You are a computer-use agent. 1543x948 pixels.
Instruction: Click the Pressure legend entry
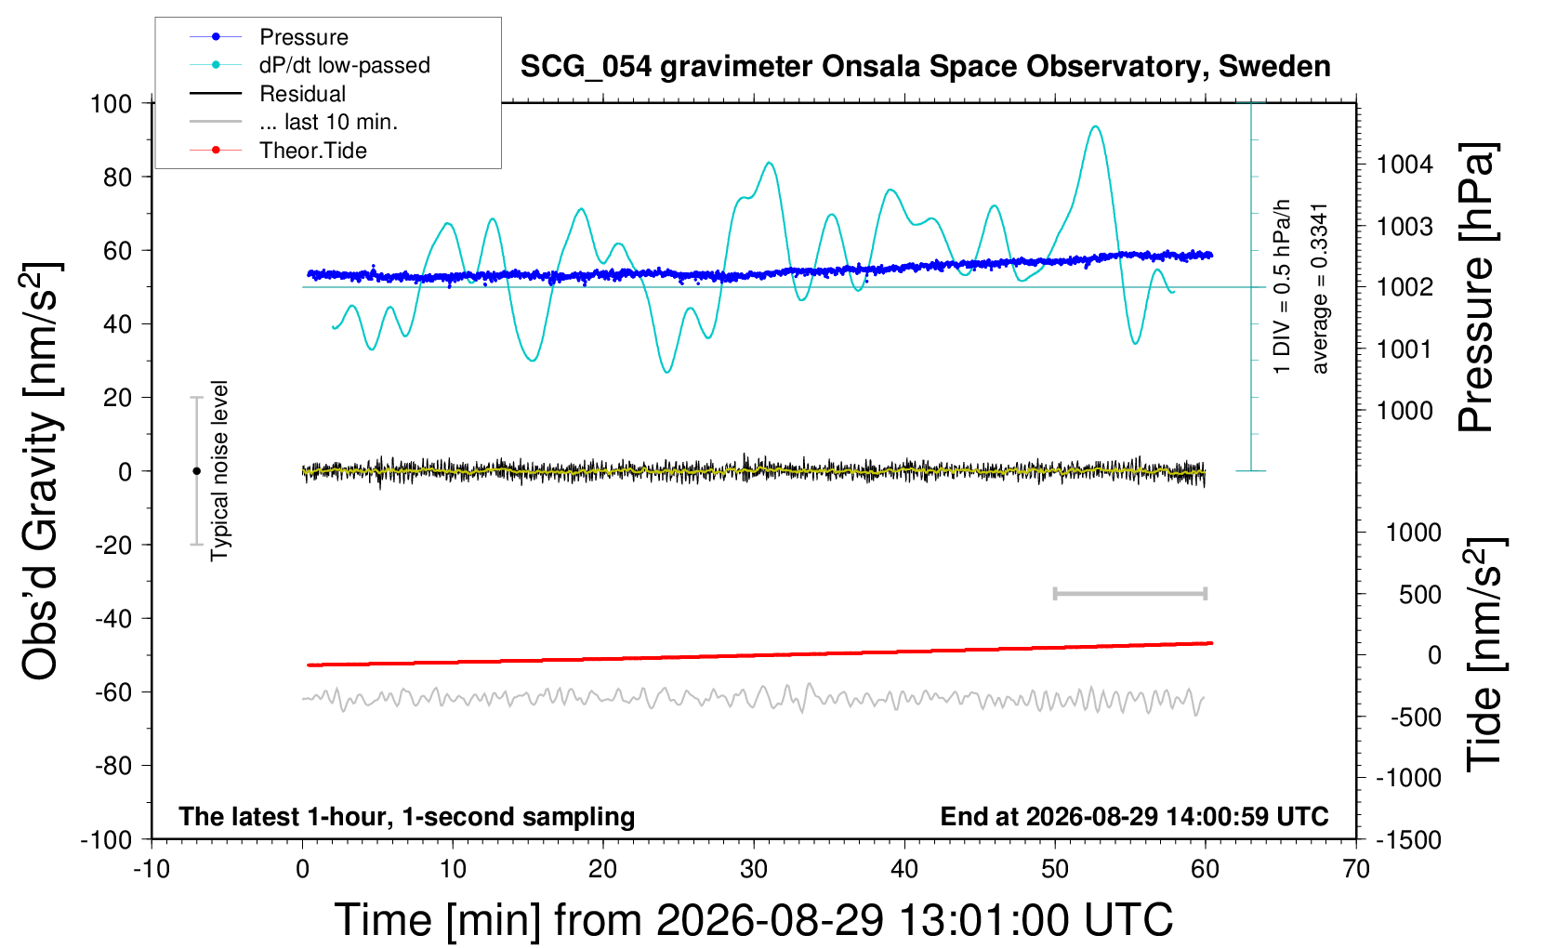304,36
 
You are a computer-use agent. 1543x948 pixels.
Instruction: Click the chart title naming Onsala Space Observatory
925,67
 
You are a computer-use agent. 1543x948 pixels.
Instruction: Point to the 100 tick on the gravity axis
111,104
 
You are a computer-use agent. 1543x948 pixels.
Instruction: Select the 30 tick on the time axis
754,869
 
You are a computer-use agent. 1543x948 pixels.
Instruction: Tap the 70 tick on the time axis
1355,869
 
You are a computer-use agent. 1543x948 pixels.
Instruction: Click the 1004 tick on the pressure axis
1405,165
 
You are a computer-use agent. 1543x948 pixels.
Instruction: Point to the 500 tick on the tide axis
1419,595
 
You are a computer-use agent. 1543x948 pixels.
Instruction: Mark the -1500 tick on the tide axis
1408,840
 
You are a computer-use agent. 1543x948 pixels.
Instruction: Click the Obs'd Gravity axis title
41,471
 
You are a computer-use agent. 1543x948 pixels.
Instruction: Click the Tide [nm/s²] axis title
1484,654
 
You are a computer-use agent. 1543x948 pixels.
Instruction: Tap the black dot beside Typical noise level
196,471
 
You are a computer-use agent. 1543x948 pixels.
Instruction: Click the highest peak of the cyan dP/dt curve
1095,126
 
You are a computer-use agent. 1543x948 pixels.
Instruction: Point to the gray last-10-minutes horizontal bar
1129,593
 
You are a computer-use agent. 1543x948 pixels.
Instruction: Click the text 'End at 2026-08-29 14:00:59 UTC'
1135,816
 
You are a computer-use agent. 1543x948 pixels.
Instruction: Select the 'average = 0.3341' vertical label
1319,289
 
